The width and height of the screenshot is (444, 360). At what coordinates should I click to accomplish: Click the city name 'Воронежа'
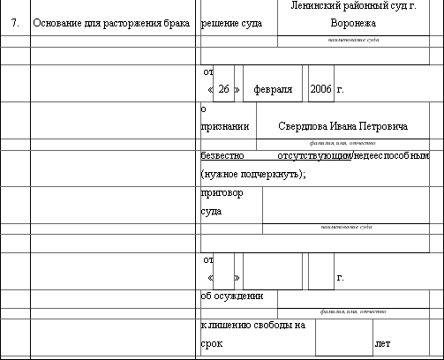point(354,22)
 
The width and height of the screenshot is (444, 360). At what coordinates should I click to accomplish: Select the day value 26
point(224,90)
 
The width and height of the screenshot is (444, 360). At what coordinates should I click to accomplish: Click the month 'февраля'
point(273,90)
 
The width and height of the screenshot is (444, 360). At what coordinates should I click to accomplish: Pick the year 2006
point(320,90)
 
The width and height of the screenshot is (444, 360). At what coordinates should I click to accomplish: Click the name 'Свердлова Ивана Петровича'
point(342,127)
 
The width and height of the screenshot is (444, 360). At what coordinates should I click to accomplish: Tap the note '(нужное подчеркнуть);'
point(253,174)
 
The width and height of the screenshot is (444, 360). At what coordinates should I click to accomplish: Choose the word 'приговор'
point(222,193)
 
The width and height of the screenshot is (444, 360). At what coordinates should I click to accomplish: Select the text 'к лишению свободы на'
point(253,325)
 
